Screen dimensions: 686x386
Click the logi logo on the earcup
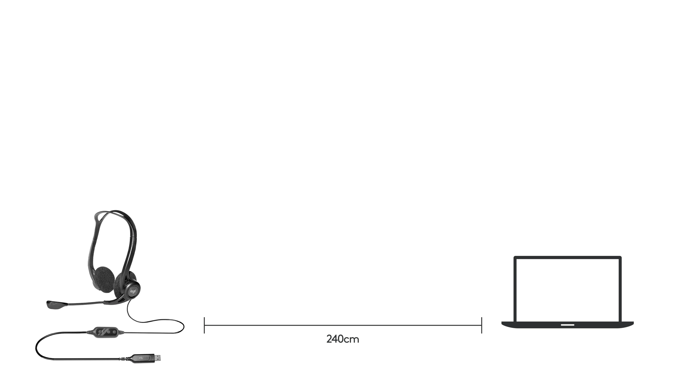click(133, 291)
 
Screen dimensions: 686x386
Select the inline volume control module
click(106, 332)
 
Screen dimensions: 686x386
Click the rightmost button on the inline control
click(115, 332)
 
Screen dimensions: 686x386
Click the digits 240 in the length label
click(335, 339)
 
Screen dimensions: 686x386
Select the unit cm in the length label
click(351, 340)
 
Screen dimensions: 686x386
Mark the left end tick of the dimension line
click(204, 325)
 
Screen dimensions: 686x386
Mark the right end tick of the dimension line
click(481, 325)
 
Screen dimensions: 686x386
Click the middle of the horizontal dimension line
click(343, 325)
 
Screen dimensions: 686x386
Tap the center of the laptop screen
click(567, 290)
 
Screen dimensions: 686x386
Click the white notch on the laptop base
click(567, 325)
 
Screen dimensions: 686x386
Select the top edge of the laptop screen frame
click(567, 257)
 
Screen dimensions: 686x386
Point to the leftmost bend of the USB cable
click(36, 347)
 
